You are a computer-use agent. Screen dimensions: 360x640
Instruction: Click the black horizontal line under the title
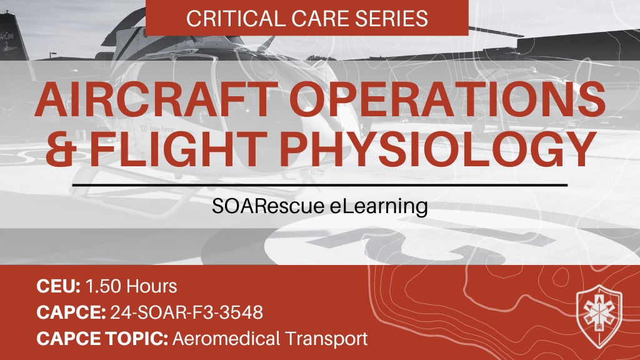pyautogui.click(x=320, y=185)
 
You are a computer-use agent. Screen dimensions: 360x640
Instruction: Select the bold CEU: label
pyautogui.click(x=57, y=287)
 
